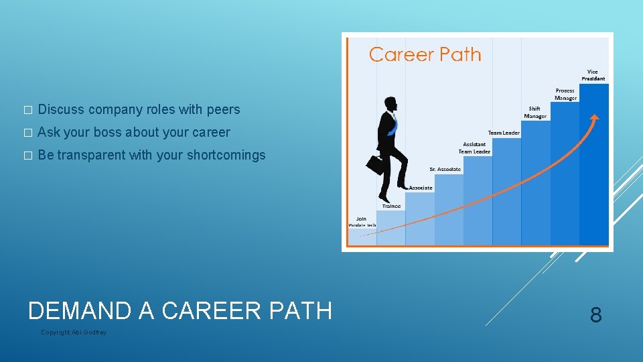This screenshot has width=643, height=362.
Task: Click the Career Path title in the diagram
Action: click(x=425, y=54)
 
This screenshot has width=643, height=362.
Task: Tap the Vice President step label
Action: click(x=593, y=75)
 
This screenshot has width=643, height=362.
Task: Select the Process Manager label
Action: click(x=565, y=95)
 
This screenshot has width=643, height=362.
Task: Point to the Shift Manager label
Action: click(x=534, y=112)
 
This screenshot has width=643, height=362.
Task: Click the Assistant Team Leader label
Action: click(x=474, y=147)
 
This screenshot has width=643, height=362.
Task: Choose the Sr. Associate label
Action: click(x=445, y=170)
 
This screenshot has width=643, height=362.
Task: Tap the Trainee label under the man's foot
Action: click(x=392, y=206)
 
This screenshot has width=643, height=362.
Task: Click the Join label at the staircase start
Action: click(x=361, y=219)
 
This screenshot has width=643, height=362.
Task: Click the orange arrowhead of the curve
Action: click(x=593, y=119)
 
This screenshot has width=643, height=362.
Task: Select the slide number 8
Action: click(x=595, y=314)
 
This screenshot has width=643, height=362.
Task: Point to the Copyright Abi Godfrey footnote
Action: click(x=74, y=333)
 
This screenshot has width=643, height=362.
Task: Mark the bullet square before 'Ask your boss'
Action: click(x=27, y=133)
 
